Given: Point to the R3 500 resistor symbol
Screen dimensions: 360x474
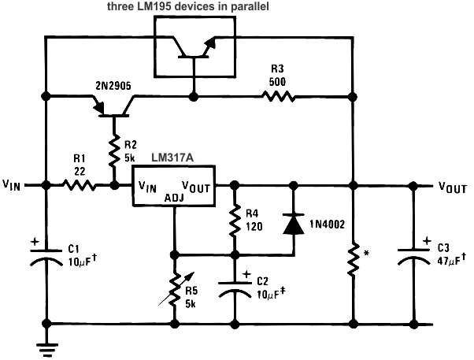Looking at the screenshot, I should [279, 96].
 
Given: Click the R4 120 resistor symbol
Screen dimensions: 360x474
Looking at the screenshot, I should [235, 221].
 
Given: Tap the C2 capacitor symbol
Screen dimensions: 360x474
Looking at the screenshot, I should [235, 288].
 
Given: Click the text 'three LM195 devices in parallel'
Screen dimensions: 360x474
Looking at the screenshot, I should [194, 6].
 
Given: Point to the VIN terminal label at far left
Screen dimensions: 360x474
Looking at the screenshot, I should [13, 187].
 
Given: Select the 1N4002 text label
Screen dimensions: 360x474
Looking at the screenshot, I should [326, 222].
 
